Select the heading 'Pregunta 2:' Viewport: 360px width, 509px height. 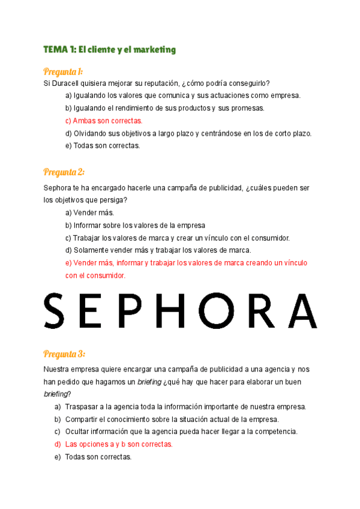(x=64, y=172)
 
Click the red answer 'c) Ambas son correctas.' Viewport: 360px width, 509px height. (x=104, y=121)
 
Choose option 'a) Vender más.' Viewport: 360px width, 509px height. (x=89, y=212)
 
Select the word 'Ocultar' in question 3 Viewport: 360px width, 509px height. (x=78, y=432)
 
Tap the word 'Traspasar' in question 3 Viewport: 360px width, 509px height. (x=82, y=406)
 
